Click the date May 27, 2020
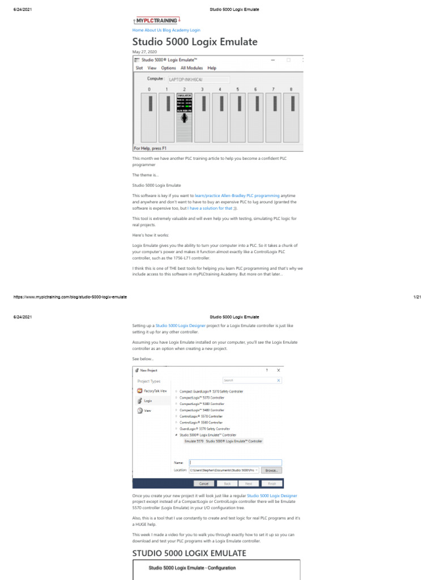[x=144, y=52]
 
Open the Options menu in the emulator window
[x=168, y=68]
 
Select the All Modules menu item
[x=191, y=68]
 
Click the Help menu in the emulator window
[x=212, y=68]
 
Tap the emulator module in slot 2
[x=184, y=116]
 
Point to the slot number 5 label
[x=237, y=89]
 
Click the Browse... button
[x=271, y=470]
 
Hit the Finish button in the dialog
[x=271, y=483]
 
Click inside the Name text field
[x=235, y=462]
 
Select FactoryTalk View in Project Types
[x=155, y=391]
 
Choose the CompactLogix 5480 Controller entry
[x=202, y=410]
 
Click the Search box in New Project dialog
[x=251, y=381]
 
